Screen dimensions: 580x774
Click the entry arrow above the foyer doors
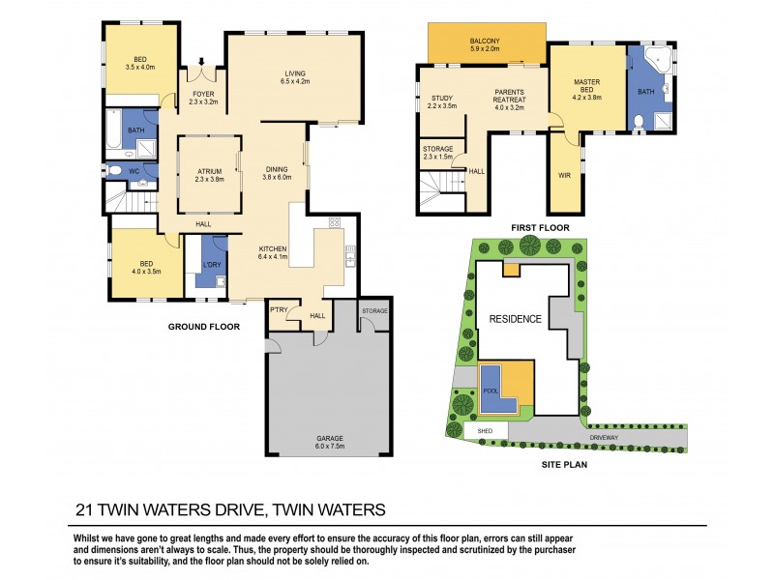[201, 61]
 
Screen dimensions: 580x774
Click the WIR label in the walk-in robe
[565, 176]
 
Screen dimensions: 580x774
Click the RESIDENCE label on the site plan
[514, 319]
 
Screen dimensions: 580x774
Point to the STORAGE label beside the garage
[374, 310]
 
